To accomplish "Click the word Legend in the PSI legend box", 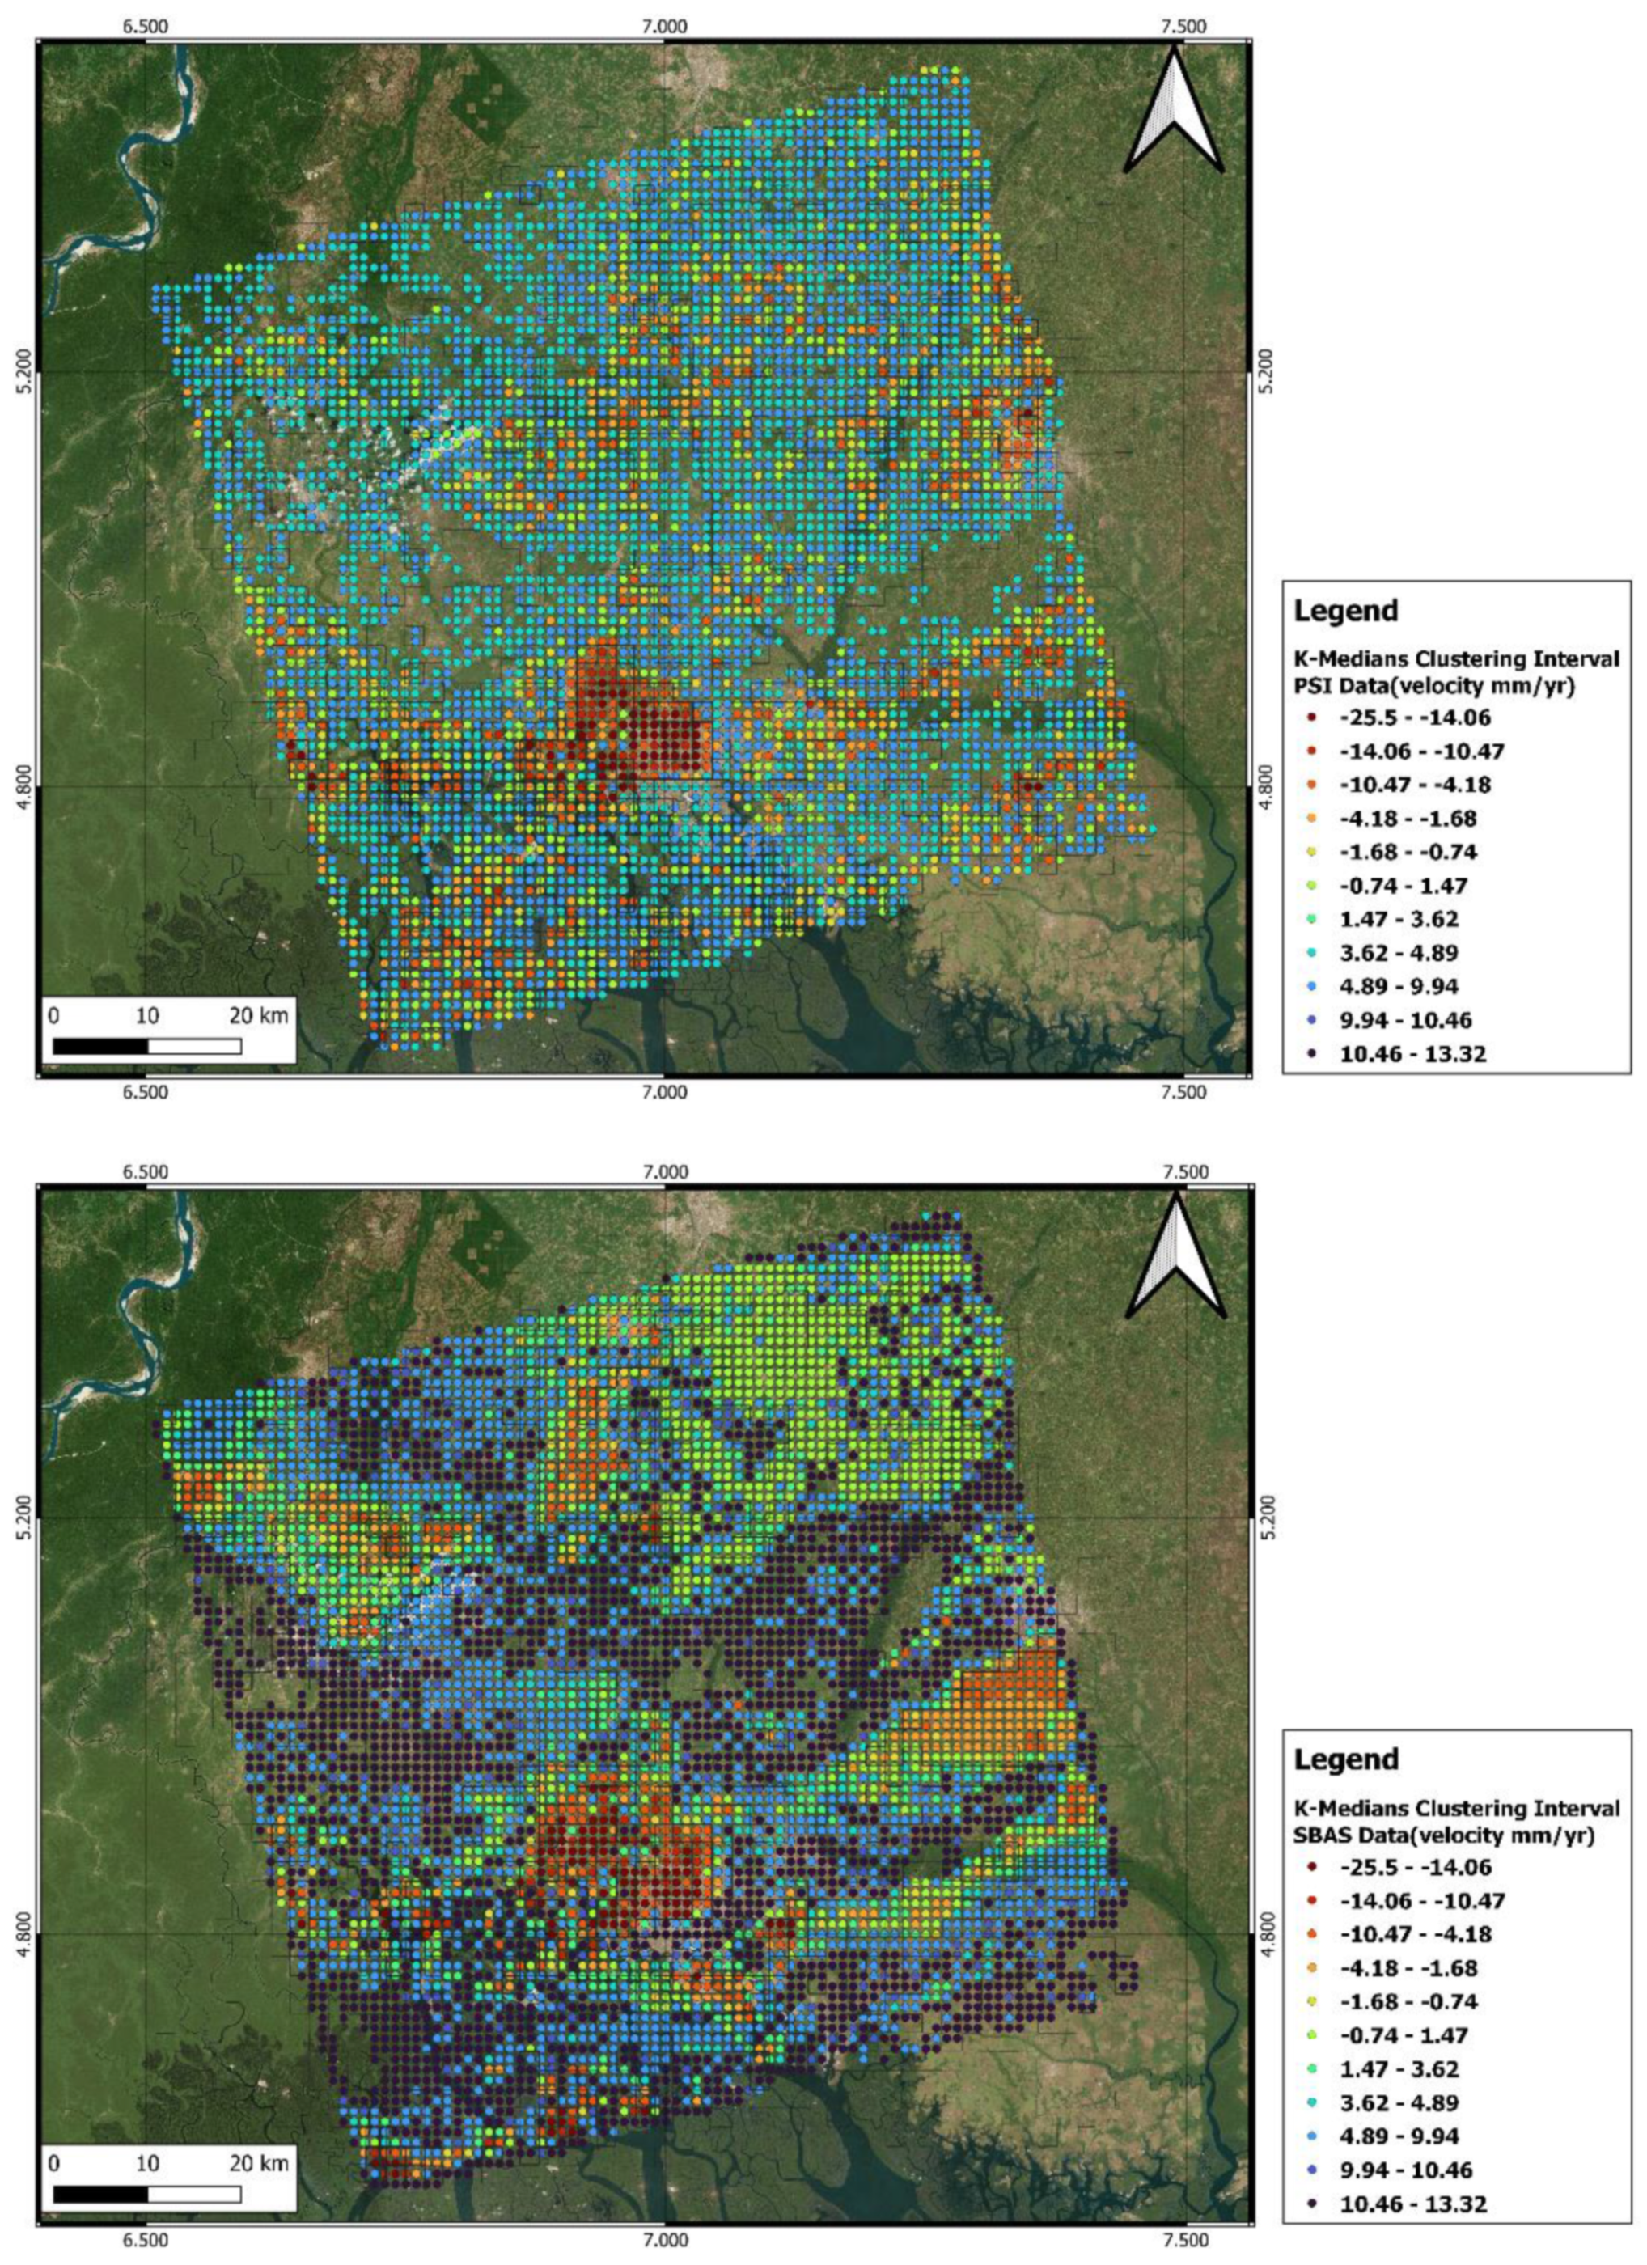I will [x=1345, y=610].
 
